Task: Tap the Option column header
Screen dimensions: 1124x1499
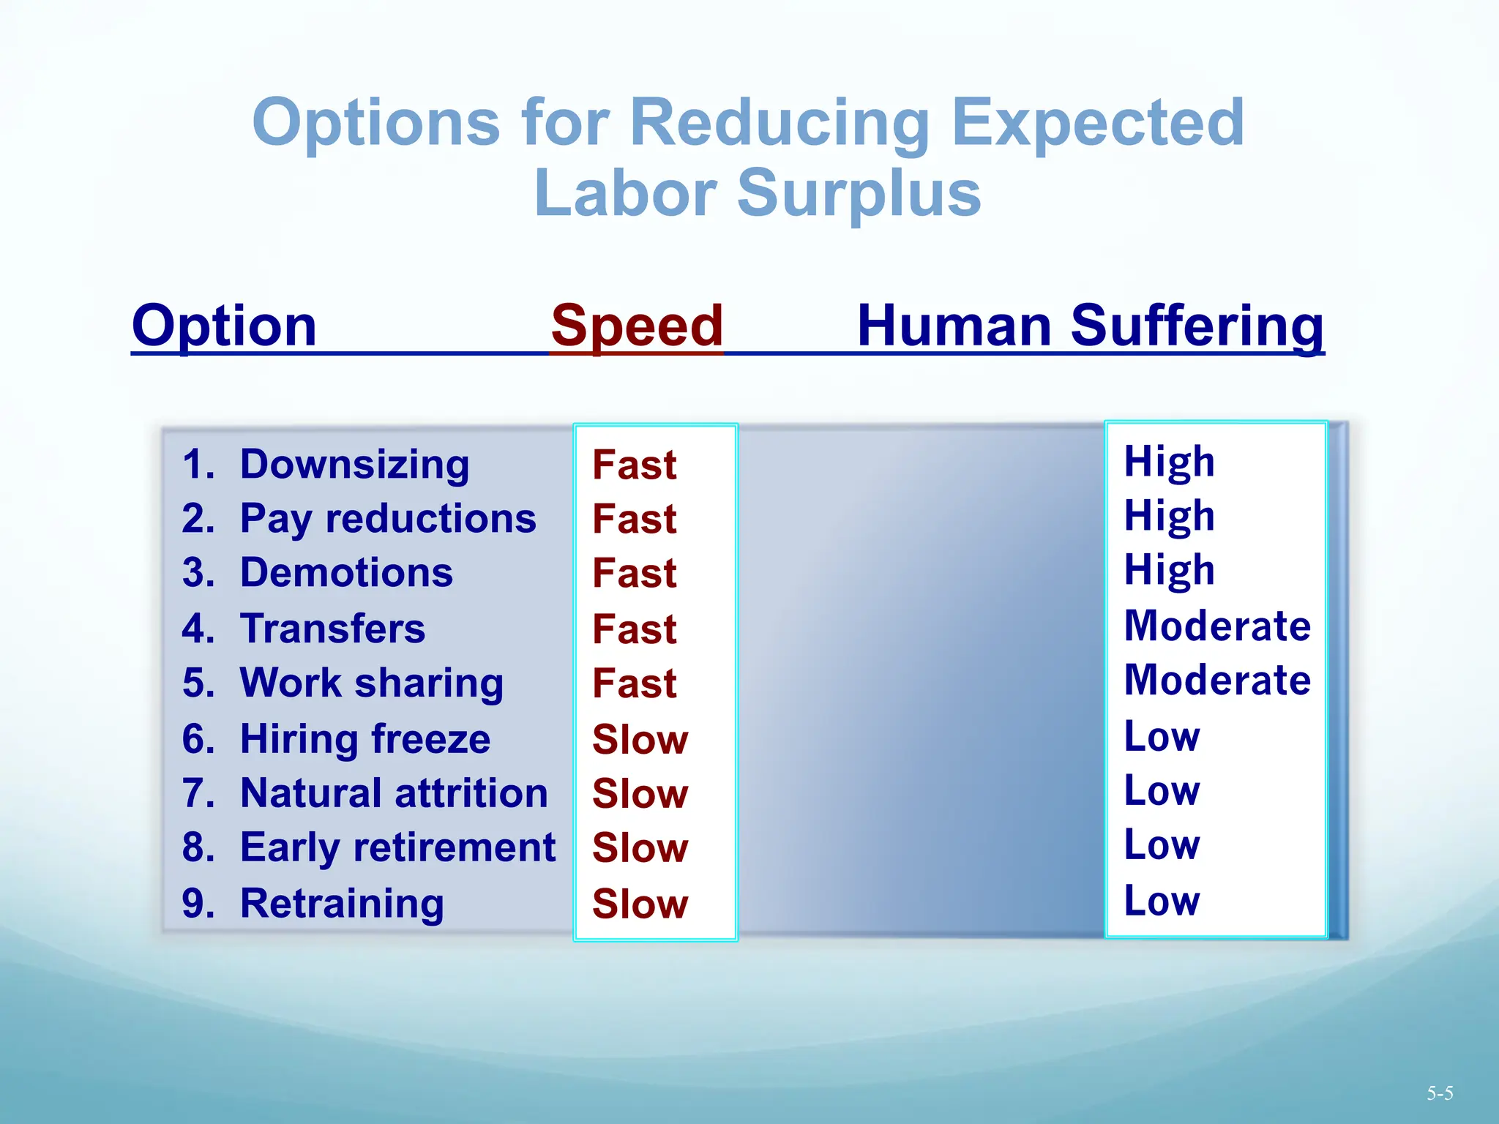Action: [x=224, y=326]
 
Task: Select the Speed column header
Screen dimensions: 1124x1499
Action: [x=637, y=326]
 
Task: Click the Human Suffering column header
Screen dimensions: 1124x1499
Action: [x=1090, y=326]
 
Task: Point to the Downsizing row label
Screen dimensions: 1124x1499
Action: [x=354, y=465]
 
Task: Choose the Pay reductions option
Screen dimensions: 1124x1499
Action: [x=388, y=519]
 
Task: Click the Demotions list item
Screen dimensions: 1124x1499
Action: [x=346, y=573]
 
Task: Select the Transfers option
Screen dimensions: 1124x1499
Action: [x=332, y=629]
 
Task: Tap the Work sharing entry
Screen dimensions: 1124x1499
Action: [x=372, y=683]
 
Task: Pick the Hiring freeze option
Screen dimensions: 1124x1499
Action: [x=365, y=739]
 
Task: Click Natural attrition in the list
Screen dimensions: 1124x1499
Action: [x=394, y=793]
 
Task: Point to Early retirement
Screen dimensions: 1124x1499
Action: [x=397, y=848]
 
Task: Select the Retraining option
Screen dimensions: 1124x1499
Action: [x=342, y=904]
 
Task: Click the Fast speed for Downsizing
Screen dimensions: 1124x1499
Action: [x=635, y=465]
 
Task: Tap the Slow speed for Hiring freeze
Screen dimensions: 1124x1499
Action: [x=640, y=740]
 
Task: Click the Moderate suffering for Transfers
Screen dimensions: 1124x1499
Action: [x=1217, y=626]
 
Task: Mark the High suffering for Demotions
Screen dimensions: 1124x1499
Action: [x=1170, y=571]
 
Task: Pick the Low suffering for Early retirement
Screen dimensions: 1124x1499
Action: [x=1162, y=845]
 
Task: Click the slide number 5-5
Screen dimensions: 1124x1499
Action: [x=1439, y=1094]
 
